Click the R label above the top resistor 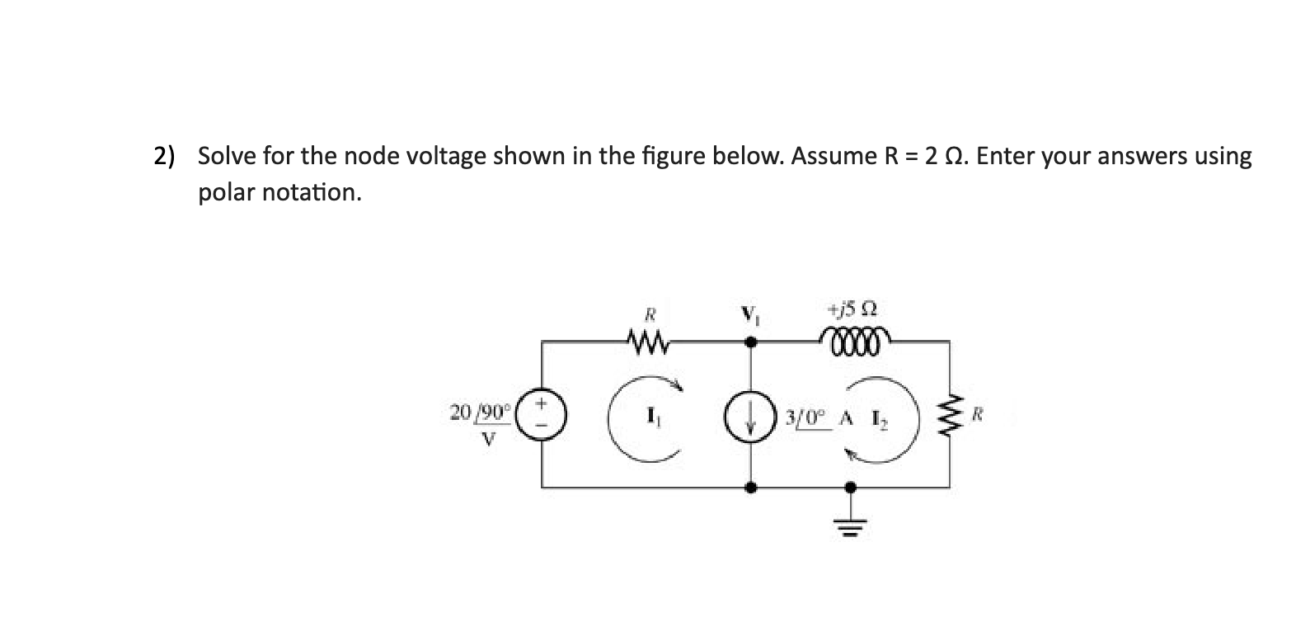(x=650, y=313)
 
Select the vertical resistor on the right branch (x=949, y=415)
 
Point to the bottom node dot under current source (x=750, y=488)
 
